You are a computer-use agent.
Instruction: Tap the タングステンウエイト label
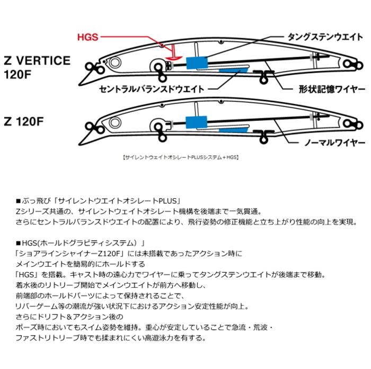(x=324, y=37)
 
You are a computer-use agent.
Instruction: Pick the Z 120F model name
(x=30, y=120)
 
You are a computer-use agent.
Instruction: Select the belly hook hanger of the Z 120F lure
(x=263, y=136)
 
